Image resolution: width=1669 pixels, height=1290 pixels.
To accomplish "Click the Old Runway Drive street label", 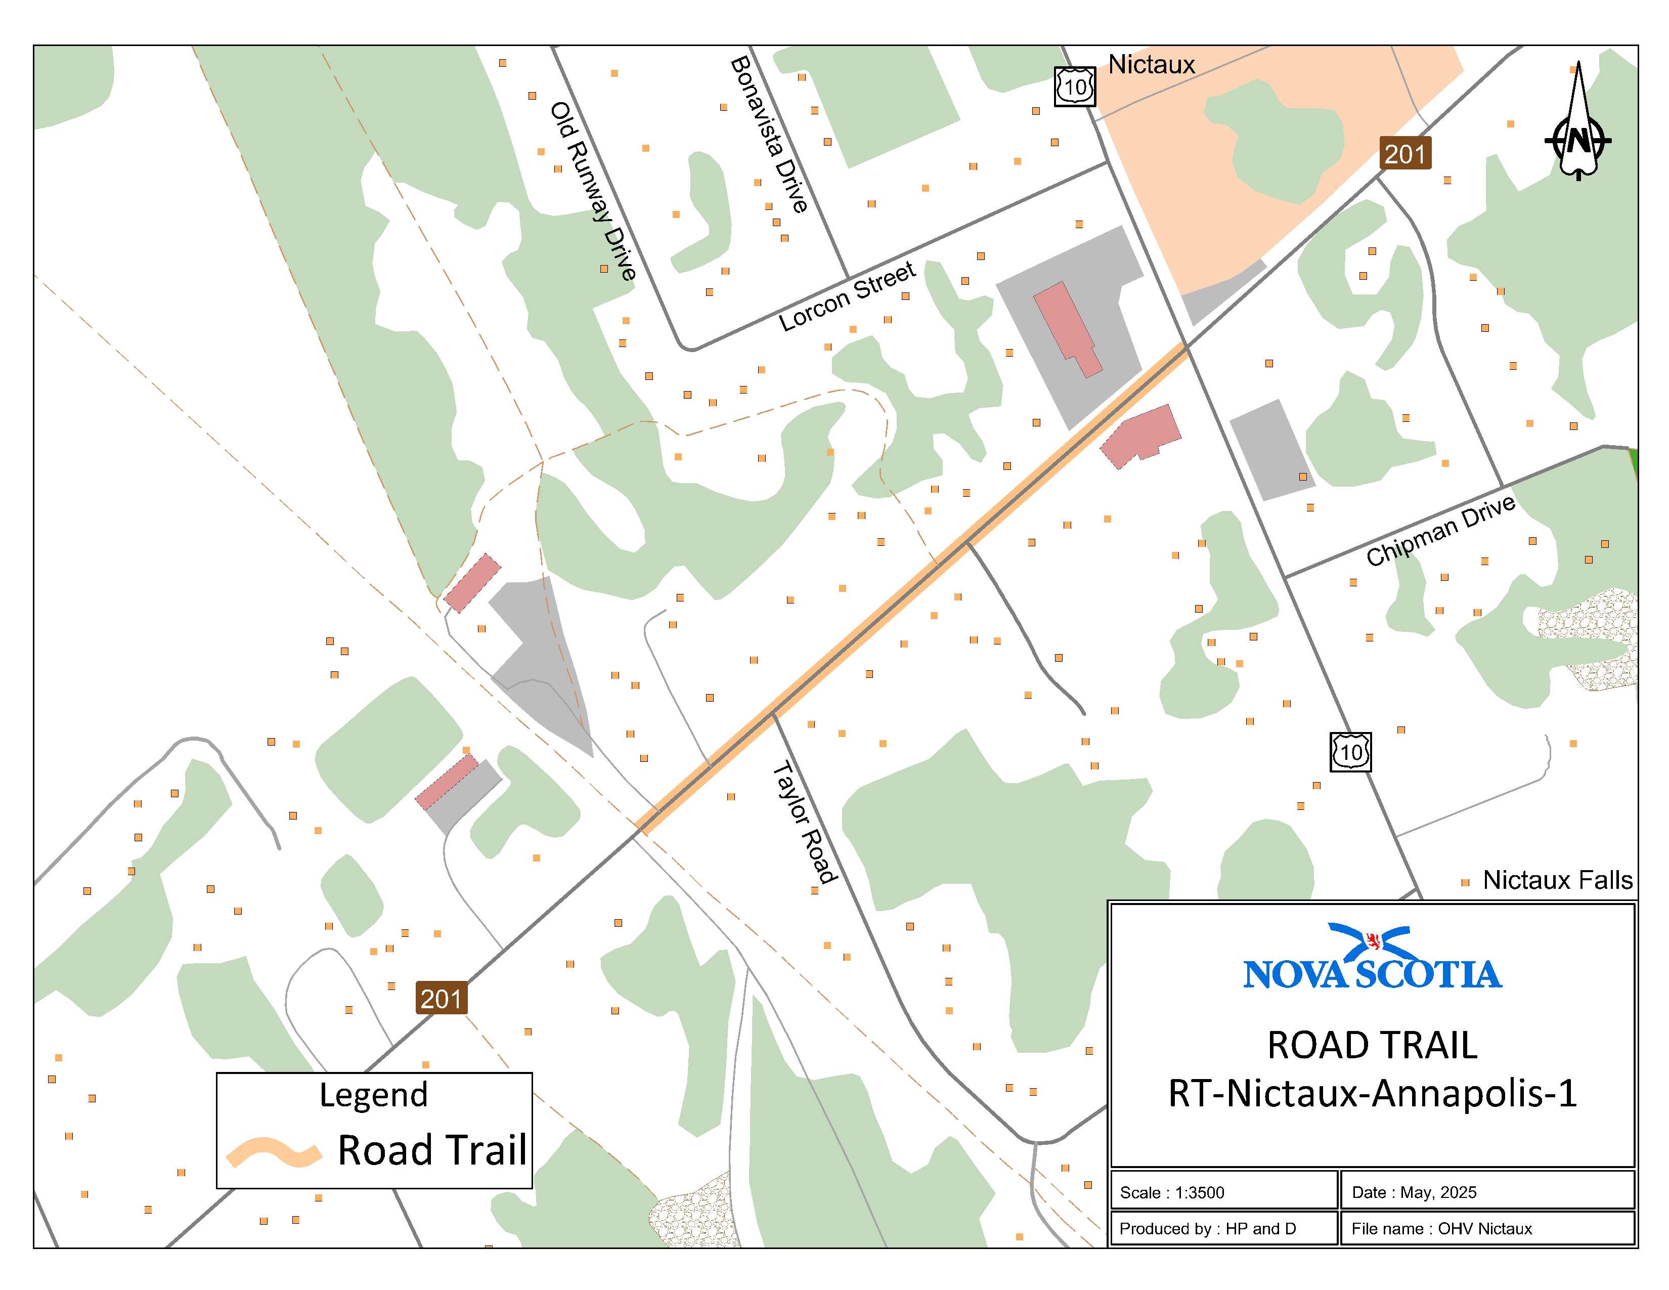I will (x=594, y=191).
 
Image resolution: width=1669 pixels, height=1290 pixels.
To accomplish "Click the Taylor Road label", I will (x=805, y=822).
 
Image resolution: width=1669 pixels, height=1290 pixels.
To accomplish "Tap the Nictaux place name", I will (x=1151, y=65).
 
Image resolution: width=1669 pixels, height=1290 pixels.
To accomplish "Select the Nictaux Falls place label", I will (x=1557, y=880).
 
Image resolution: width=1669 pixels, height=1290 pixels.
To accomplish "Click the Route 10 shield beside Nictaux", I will (x=1074, y=87).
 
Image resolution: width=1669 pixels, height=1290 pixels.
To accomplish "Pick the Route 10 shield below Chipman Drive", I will (x=1350, y=752).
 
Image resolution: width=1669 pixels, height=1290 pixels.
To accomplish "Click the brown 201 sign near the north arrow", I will (x=1404, y=154).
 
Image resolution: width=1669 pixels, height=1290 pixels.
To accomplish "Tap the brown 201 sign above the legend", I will (x=441, y=998).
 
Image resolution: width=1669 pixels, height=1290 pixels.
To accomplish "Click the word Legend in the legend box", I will (x=374, y=1094).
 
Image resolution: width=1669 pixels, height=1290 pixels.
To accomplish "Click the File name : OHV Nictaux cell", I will (x=1441, y=1229).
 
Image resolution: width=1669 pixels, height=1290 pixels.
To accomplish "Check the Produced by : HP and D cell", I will (x=1207, y=1229).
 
